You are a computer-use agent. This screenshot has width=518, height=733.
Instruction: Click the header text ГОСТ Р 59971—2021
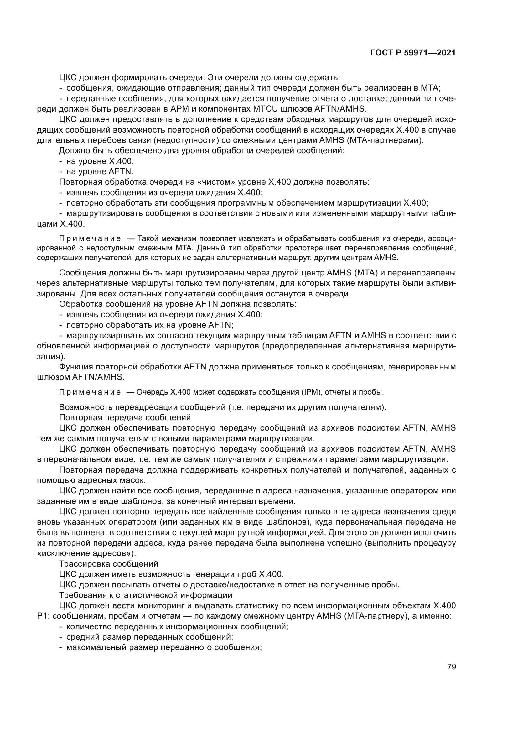point(413,53)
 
